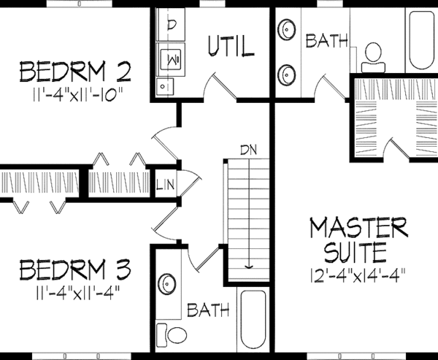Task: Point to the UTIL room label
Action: point(231,47)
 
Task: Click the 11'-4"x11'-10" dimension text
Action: point(75,94)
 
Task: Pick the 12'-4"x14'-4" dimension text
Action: point(357,278)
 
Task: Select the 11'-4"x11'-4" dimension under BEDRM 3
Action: point(75,292)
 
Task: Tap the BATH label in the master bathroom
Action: point(326,41)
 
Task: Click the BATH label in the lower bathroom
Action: point(207,312)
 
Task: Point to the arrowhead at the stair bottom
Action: point(249,267)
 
